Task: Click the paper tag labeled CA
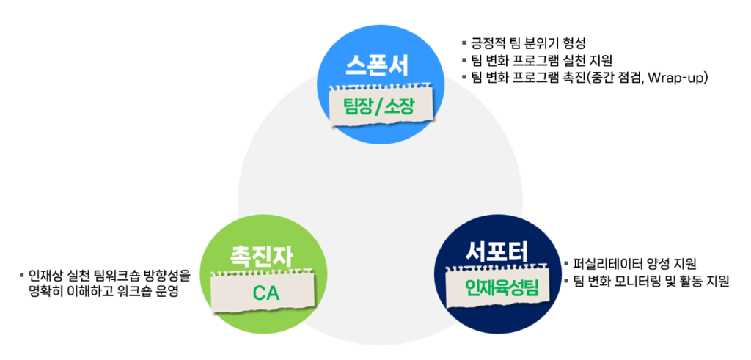pos(262,294)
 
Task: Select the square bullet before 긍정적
pos(464,43)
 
